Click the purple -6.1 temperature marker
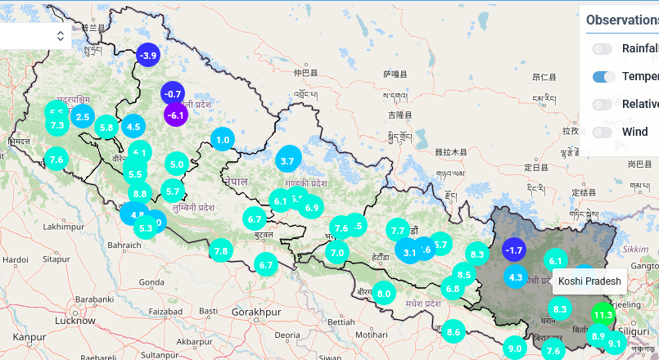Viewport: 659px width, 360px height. coord(176,115)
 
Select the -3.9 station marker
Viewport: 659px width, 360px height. coord(148,56)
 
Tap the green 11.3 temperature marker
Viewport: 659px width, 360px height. coord(603,315)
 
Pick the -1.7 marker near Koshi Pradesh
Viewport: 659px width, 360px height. coord(514,250)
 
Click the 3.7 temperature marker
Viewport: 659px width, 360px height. coord(287,161)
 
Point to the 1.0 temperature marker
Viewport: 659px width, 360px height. coord(223,140)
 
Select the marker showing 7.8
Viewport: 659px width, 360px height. coord(220,251)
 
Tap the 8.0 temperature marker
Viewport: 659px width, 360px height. coord(384,293)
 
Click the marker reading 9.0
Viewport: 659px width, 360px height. coord(515,349)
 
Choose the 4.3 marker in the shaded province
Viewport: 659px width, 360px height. coord(516,277)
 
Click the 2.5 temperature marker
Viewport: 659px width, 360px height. coord(83,117)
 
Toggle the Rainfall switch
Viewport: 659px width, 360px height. coord(603,49)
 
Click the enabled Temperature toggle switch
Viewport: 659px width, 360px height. coord(603,77)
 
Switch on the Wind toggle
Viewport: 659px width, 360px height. coord(603,132)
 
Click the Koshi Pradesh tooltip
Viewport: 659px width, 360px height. coord(589,281)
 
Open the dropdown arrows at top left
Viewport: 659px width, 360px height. coord(61,36)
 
